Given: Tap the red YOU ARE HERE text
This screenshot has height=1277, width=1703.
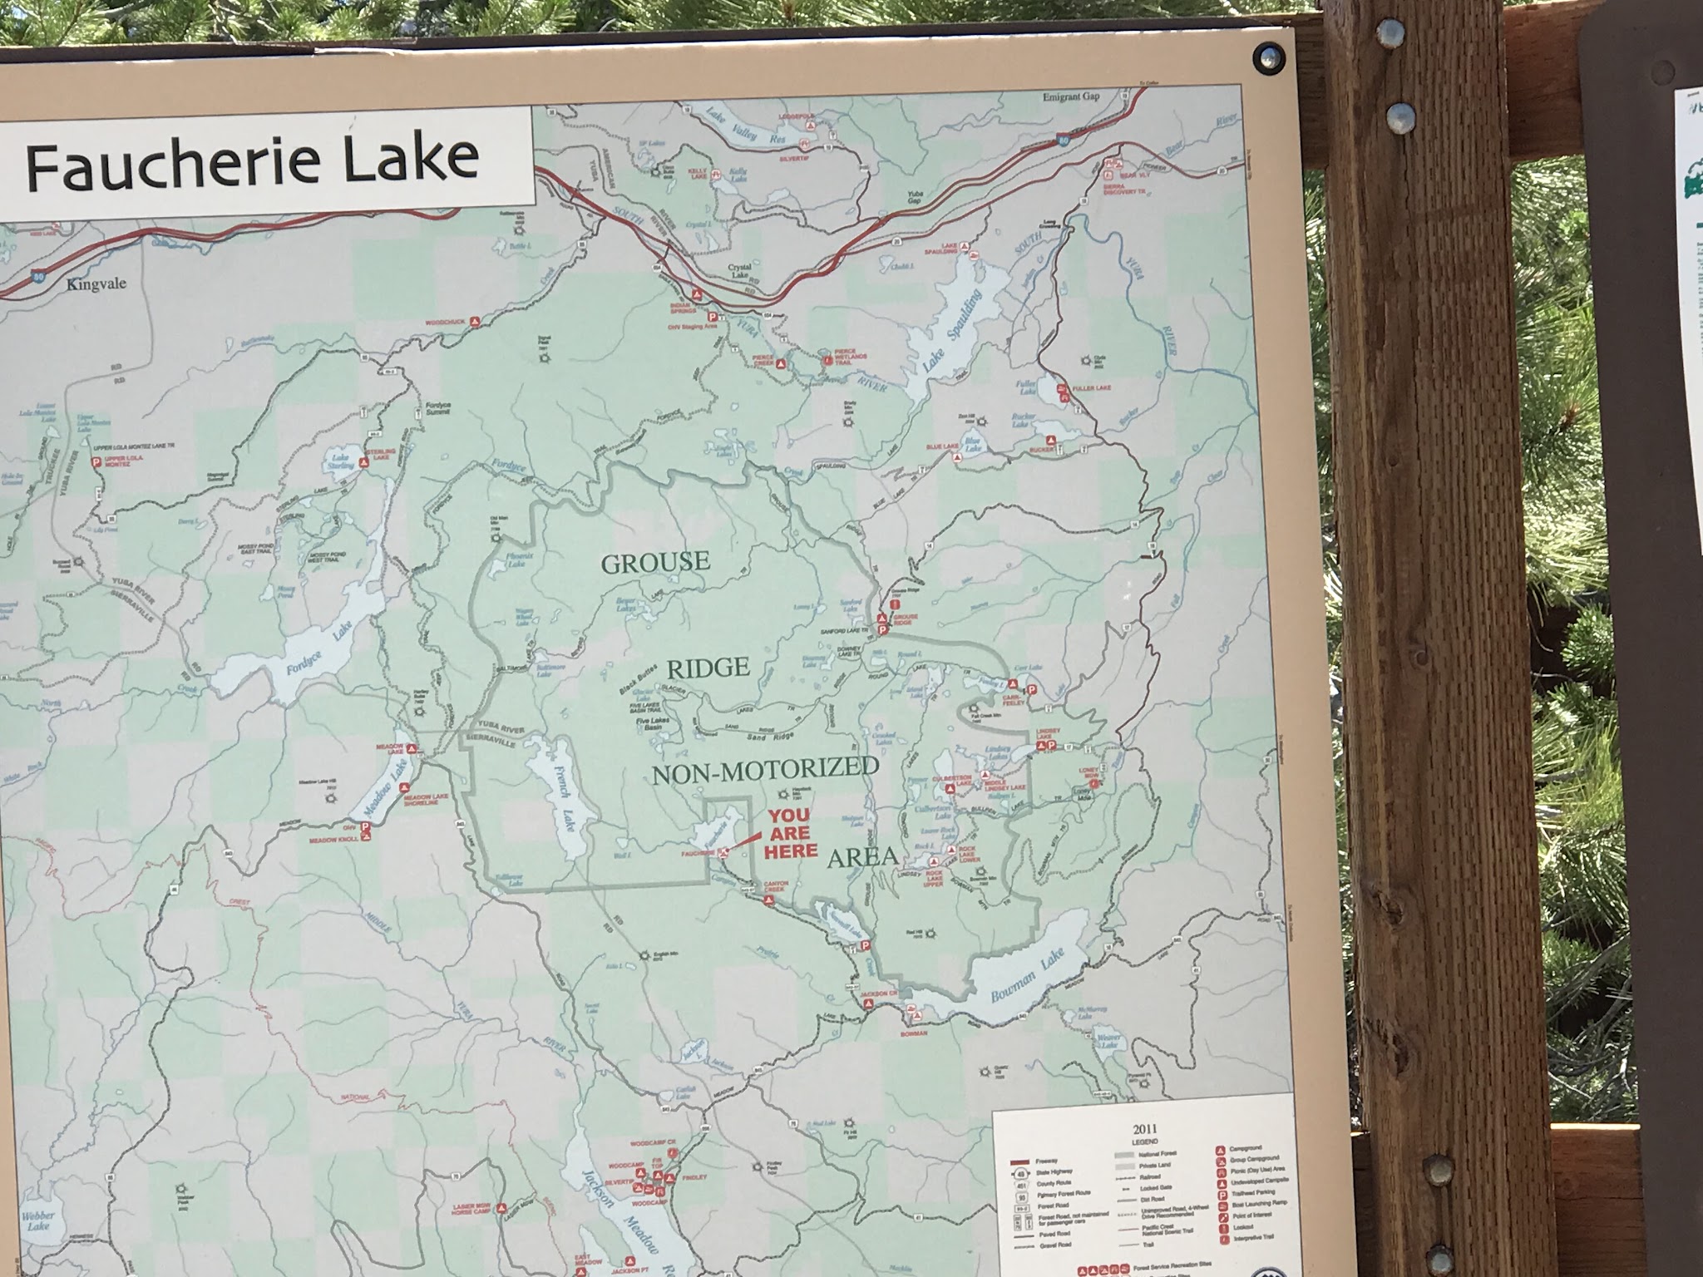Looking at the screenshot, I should (791, 833).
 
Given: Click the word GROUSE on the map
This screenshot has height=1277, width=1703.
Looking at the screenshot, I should (655, 563).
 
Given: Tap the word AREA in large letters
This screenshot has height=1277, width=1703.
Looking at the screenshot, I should (862, 858).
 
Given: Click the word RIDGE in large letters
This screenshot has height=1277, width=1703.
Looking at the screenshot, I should (708, 668).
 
